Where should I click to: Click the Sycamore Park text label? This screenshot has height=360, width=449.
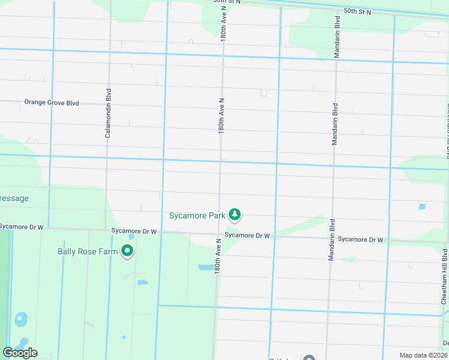coord(197,215)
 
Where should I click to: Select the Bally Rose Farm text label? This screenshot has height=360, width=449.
coord(88,251)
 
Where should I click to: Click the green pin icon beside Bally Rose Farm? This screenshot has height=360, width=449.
coord(127,251)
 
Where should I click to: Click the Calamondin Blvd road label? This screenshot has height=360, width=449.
coord(109,113)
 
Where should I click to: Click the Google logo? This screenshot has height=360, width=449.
coord(20,353)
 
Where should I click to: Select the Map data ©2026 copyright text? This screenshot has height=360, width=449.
coord(424,355)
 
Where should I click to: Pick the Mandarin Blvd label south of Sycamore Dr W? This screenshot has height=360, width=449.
coord(331,239)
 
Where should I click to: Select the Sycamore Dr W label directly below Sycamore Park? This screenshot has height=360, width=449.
coord(247,235)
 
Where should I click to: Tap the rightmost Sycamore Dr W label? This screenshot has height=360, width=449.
coord(360,239)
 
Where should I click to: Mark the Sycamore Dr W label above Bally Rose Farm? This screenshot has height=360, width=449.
coord(134,231)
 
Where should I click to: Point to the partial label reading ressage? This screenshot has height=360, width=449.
coord(14,198)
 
